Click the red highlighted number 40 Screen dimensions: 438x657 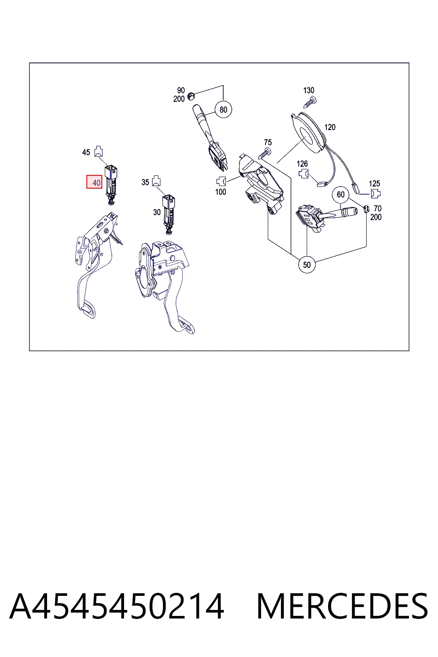pos(94,182)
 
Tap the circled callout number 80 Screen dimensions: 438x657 pos(223,109)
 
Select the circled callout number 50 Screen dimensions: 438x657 pos(307,265)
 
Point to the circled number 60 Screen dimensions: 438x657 pos(340,195)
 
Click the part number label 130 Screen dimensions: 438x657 pos(309,90)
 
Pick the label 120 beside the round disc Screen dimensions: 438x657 pos(330,127)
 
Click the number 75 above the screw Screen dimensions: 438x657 pos(268,142)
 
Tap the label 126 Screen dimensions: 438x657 pos(302,164)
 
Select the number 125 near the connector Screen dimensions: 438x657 pos(374,183)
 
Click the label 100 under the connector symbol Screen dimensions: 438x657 pos(221,192)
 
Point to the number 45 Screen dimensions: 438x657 pos(86,153)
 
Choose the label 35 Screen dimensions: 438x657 pos(145,183)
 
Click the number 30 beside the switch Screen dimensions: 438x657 pos(157,212)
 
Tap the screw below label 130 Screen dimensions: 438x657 pos(310,103)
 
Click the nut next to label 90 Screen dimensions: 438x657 pos(191,96)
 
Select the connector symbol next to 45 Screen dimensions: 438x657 pos(98,151)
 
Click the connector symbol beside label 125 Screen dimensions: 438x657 pos(376,194)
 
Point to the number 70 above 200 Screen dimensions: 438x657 pos(378,209)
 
